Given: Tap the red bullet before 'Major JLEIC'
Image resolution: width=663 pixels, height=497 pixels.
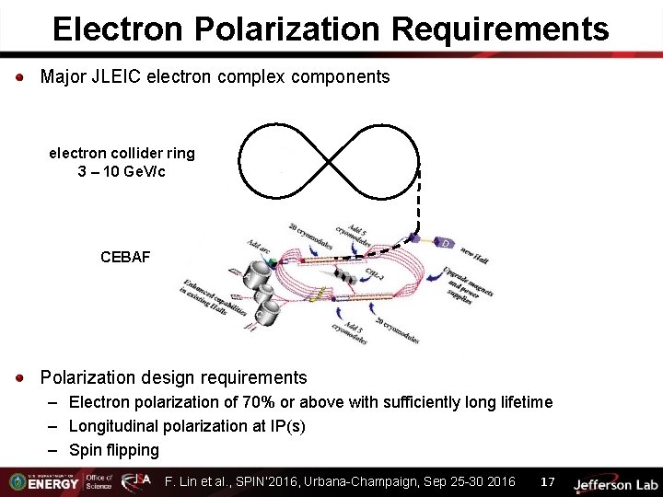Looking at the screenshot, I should coord(20,77).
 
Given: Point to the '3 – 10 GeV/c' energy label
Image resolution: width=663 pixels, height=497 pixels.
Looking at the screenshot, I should coord(122,172).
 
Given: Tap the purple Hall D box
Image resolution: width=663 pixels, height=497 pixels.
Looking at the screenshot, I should coord(446,243).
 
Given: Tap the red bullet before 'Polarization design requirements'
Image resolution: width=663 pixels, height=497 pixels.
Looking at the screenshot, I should coord(20,378).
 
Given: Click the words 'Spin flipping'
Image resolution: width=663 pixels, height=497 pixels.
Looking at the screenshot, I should coord(113,450).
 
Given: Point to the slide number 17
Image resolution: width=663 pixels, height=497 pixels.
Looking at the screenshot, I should coord(547,481).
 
